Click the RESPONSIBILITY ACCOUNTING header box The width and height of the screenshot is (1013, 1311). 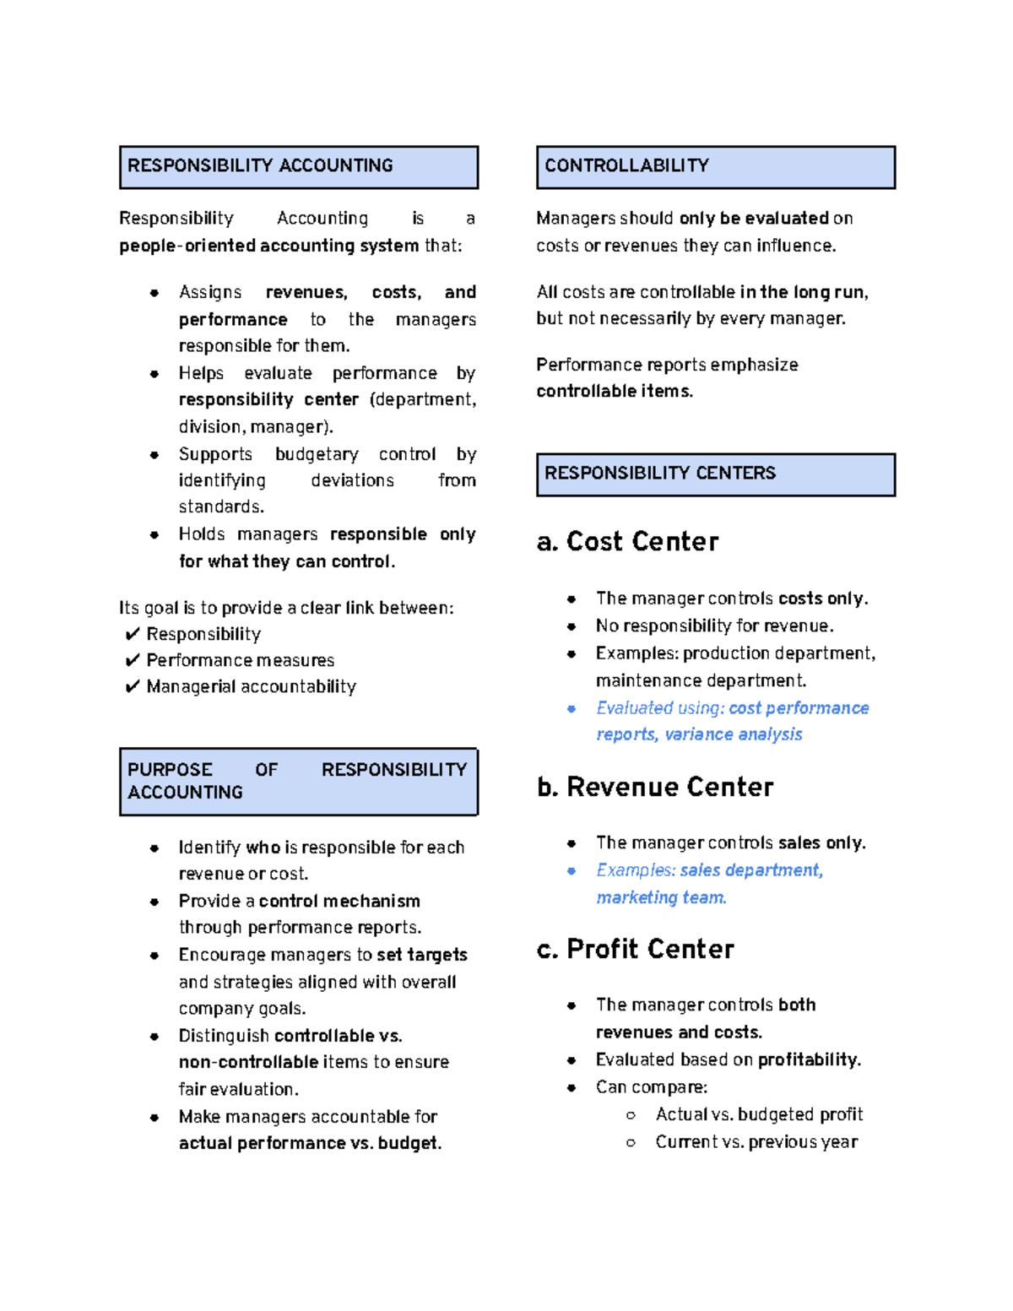[x=299, y=166]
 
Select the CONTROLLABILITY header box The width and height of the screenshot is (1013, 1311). [x=715, y=166]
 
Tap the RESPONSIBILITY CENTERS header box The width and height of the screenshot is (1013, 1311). [x=715, y=474]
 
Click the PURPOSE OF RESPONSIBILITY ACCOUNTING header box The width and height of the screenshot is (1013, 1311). [x=299, y=781]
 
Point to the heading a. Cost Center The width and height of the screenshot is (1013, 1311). [x=627, y=542]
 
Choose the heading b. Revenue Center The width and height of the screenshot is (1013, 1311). [x=655, y=787]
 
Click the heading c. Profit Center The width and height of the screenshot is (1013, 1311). [x=635, y=949]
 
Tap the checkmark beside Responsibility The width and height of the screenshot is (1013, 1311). [x=132, y=634]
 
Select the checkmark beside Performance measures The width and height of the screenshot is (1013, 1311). [x=132, y=660]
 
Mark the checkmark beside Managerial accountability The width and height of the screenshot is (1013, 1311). [x=132, y=686]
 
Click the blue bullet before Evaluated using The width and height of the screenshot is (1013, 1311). [x=572, y=709]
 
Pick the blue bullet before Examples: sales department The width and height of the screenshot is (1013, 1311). [x=572, y=870]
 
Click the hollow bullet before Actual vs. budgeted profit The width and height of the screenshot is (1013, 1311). [x=631, y=1115]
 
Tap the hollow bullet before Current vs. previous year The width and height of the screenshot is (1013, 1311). [x=631, y=1142]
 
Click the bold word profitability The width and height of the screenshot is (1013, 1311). [x=809, y=1060]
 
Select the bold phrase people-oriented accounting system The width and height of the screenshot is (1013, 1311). [x=268, y=246]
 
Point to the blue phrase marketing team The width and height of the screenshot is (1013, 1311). [x=660, y=897]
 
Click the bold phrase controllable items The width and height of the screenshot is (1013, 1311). [x=614, y=392]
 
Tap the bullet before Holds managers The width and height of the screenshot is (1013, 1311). [x=154, y=534]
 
